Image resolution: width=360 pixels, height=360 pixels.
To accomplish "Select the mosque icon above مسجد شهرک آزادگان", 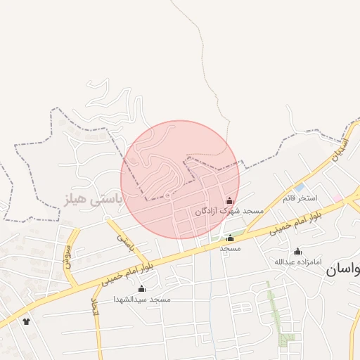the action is pos(229,201).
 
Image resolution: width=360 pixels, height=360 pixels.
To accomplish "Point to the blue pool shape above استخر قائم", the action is pos(300,188).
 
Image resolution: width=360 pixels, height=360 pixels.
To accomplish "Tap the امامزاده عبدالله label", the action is pos(297,262).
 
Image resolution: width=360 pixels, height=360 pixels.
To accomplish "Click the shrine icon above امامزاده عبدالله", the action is pos(297,252).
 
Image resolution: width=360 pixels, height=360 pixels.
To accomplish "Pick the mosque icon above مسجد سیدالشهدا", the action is pos(142,289).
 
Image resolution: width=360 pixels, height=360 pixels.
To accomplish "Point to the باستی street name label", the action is pos(126,241).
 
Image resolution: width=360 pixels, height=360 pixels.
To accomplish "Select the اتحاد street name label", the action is pos(96,306).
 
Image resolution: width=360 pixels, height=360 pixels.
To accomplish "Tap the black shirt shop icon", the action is pos(27,321).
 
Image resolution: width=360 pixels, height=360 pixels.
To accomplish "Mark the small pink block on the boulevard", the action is pos(339,200).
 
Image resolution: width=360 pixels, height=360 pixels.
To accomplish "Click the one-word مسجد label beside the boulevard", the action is pos(230,248).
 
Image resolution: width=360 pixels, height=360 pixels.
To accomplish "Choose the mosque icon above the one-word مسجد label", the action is pos(230,238).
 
